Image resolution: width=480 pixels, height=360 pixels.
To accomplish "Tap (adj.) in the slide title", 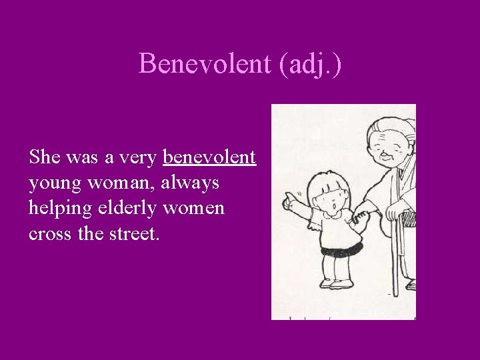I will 309,64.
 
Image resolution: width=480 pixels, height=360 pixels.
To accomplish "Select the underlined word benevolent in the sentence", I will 209,157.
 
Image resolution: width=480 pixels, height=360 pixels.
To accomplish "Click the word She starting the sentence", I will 45,157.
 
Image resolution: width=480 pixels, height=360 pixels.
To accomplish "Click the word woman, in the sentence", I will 122,183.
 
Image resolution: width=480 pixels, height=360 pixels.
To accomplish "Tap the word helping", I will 59,209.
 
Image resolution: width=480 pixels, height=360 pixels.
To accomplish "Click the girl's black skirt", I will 341,250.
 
